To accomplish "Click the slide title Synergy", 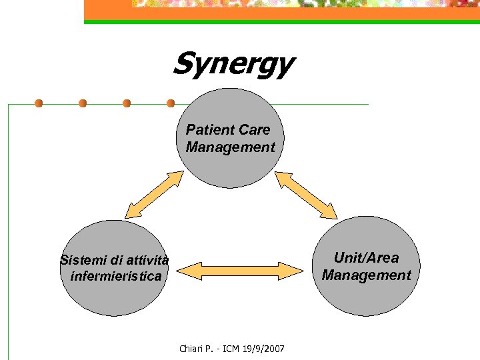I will point(233,65).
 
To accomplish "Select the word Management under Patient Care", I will point(230,147).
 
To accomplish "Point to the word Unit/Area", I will point(366,258).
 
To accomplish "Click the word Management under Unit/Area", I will point(366,275).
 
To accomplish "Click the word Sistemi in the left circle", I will point(83,259).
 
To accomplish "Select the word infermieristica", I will point(111,276).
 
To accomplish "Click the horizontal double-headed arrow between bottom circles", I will point(241,271).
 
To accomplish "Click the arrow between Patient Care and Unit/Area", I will point(307,195).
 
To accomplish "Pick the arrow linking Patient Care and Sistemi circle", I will point(155,195).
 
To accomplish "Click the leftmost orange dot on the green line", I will point(39,103).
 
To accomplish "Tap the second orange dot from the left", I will point(83,103).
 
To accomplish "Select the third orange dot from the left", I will point(127,103).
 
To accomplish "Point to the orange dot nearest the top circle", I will point(171,103).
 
